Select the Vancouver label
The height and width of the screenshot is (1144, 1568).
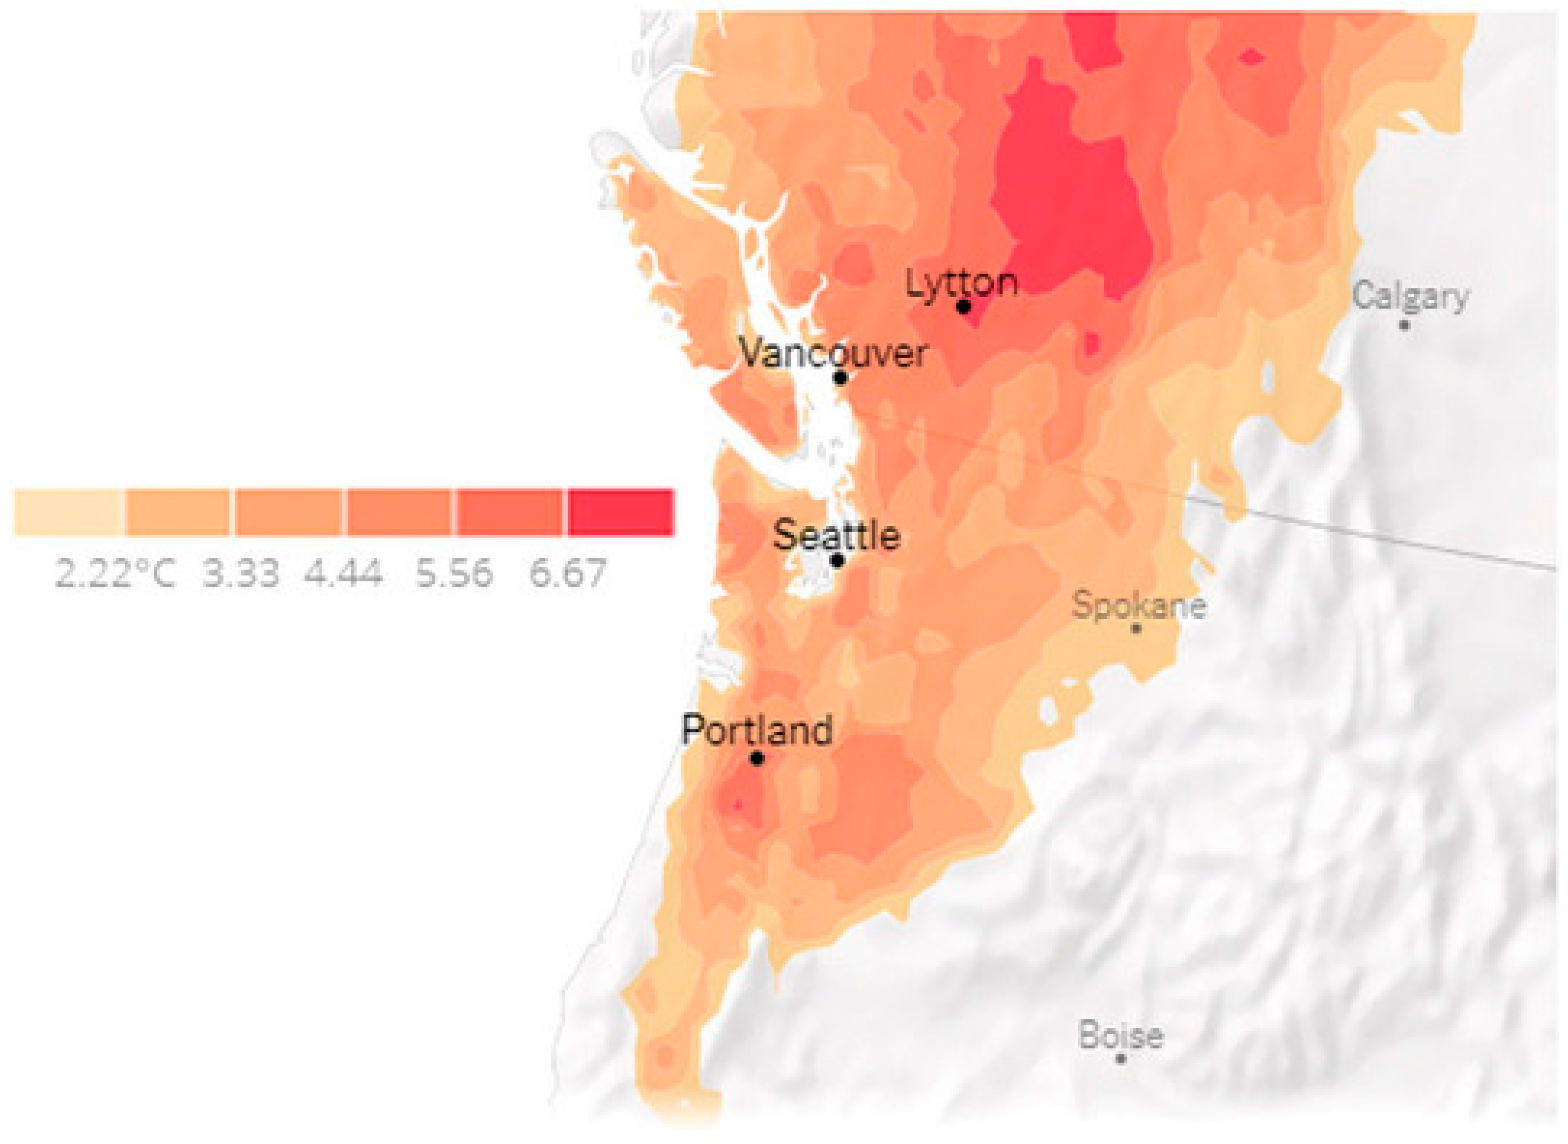coord(834,353)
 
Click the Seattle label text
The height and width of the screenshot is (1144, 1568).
coord(836,535)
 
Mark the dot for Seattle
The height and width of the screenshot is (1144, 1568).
coord(838,559)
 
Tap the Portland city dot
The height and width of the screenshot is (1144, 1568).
coord(758,758)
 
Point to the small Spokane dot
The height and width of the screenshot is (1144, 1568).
coord(1136,628)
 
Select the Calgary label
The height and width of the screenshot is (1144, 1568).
coord(1410,296)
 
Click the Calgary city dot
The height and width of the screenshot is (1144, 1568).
coord(1404,324)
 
